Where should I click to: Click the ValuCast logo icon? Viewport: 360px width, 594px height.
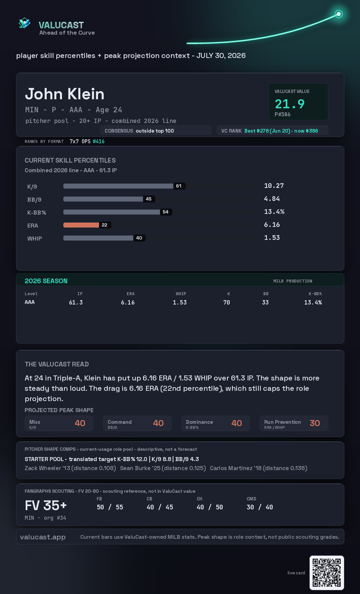(x=24, y=23)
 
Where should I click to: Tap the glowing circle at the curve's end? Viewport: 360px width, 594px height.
(x=339, y=14)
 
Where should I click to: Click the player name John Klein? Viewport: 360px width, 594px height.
(x=65, y=94)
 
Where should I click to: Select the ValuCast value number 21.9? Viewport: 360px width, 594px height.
(x=290, y=104)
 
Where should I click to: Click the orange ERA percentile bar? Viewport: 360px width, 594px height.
(x=81, y=225)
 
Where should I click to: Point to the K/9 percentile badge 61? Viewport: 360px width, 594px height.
(x=179, y=186)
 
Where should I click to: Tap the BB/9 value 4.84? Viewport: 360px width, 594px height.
(x=272, y=199)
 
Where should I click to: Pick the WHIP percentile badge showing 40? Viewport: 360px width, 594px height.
(x=139, y=238)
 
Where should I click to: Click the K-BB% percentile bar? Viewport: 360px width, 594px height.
(x=112, y=212)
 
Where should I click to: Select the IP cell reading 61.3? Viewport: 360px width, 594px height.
(x=76, y=302)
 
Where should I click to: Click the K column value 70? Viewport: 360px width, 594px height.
(x=227, y=302)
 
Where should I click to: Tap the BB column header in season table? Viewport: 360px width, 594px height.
(x=266, y=294)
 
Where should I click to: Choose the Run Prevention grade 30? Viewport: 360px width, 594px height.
(x=315, y=423)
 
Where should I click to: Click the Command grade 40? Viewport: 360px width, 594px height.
(x=158, y=423)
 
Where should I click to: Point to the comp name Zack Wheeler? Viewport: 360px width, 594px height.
(x=43, y=468)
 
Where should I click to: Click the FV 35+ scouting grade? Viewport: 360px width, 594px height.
(x=46, y=505)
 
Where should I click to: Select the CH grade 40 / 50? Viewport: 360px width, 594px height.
(x=210, y=507)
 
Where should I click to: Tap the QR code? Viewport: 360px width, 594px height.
(x=327, y=573)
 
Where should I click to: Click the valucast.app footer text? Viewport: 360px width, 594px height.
(x=43, y=537)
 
